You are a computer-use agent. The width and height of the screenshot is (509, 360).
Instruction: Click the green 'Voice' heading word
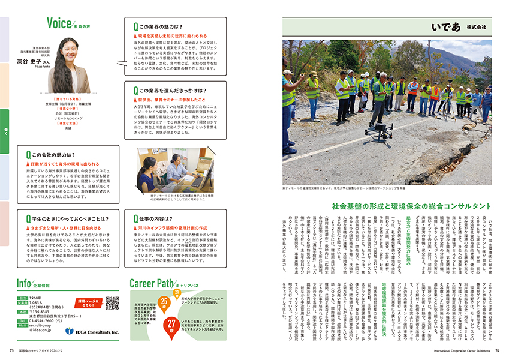click(60, 23)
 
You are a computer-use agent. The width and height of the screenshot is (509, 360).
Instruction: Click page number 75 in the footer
click(11, 352)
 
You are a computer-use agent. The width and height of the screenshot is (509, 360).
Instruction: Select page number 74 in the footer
click(498, 352)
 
